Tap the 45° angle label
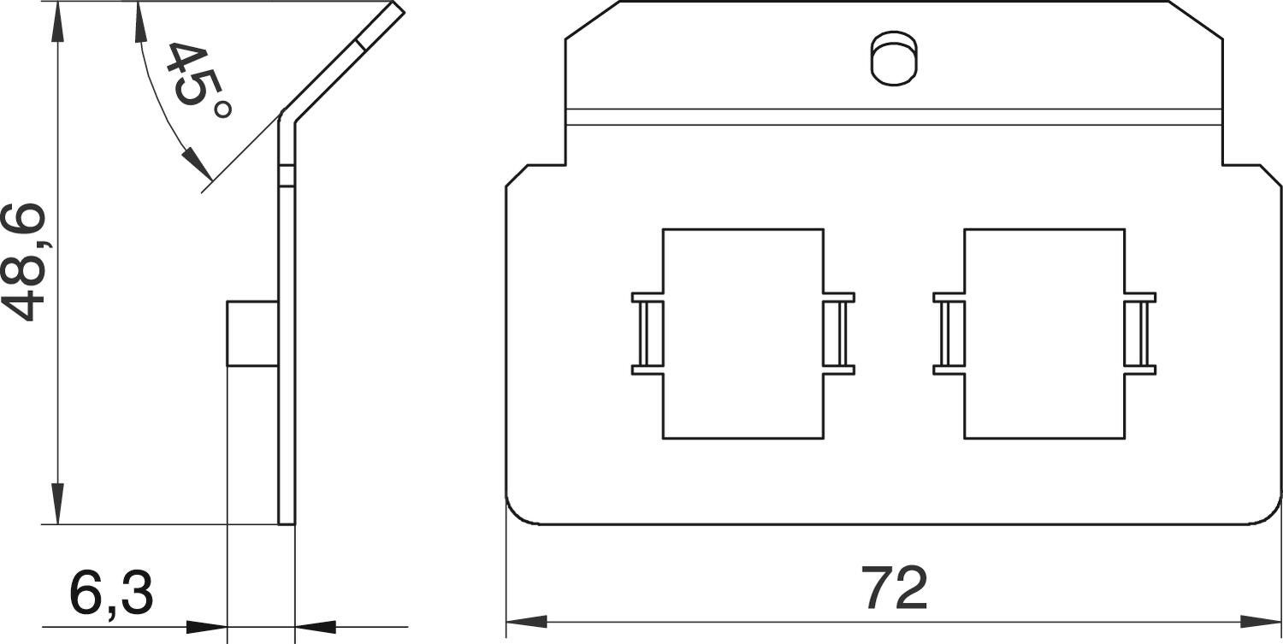pos(198,80)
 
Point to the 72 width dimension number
pos(894,588)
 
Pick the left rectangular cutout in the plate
pos(743,334)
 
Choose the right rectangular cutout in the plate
pos(1044,334)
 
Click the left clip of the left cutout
pos(647,334)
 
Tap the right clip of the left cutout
pos(839,334)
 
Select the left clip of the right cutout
pos(949,334)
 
